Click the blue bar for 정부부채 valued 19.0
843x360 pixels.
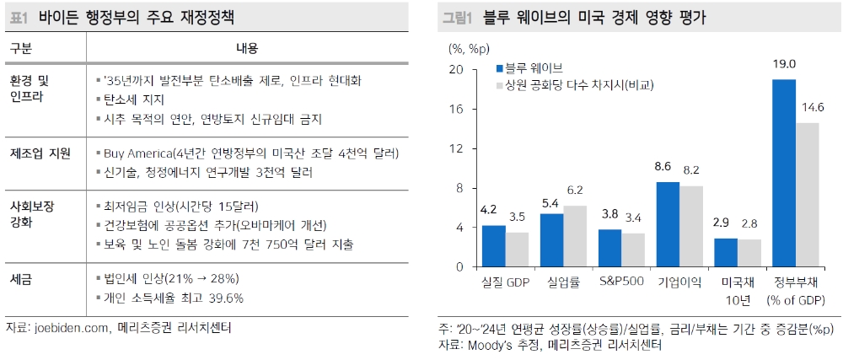click(x=784, y=173)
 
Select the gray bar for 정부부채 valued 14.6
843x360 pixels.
click(x=808, y=195)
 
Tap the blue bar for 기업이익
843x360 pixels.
click(x=668, y=224)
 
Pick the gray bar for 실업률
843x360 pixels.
click(x=576, y=236)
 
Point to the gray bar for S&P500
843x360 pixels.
click(x=634, y=250)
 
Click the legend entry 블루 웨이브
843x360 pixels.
click(x=536, y=68)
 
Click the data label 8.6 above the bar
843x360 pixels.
click(x=668, y=166)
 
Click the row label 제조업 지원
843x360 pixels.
click(x=40, y=153)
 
